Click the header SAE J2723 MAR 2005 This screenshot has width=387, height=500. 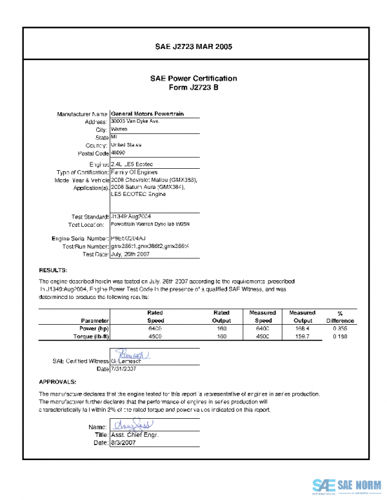[193, 47]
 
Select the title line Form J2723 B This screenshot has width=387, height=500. [193, 87]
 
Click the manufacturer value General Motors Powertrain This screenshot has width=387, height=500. [148, 113]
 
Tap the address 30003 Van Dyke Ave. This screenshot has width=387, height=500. [135, 121]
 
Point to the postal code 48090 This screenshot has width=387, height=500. [118, 153]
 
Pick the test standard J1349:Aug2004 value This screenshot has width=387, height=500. [131, 216]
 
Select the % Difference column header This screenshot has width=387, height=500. [340, 316]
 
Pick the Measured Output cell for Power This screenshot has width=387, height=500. [302, 328]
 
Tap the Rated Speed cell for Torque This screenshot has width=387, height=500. [155, 336]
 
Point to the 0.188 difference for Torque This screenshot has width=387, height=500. [340, 336]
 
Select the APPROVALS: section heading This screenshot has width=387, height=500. [59, 381]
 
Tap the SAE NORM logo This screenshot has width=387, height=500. [346, 485]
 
